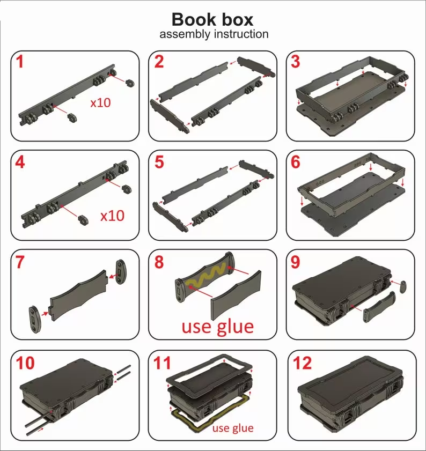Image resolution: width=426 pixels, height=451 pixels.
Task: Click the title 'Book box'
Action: pos(212,19)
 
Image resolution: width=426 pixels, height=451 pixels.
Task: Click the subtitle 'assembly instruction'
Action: pos(214,34)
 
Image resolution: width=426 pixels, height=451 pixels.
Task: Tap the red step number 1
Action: pos(19,62)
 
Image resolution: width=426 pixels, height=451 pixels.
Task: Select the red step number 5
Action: pos(159,162)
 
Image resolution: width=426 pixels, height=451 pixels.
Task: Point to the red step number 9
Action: pos(295,262)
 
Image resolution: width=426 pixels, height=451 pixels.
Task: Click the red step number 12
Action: pos(302,363)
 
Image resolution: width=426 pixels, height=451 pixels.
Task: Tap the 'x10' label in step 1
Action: pos(100,102)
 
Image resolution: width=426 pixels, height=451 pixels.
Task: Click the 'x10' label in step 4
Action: pos(112,216)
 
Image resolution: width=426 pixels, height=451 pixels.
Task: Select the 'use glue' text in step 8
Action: pos(218,327)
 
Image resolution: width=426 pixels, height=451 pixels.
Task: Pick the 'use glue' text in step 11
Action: pos(233,428)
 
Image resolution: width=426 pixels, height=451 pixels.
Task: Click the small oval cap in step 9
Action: pos(403,287)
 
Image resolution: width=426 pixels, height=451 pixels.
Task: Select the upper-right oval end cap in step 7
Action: pos(120,272)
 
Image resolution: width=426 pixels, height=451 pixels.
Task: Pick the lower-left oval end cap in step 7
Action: pos(34,320)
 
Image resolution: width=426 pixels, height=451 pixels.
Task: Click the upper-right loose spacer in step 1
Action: pos(129,83)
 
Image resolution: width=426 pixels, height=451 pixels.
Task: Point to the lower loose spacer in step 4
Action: pos(83,219)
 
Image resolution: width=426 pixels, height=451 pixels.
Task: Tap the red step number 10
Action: pos(25,363)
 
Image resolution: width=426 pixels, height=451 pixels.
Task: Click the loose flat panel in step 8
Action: pos(236,294)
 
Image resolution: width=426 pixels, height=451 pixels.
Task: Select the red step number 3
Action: pos(296,62)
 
